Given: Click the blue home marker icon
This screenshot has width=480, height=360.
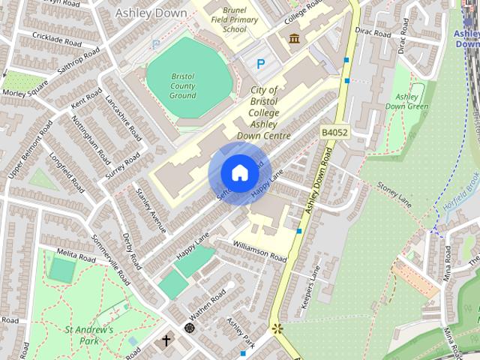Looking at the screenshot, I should pyautogui.click(x=239, y=173).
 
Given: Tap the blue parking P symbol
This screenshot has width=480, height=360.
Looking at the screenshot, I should pyautogui.click(x=260, y=64).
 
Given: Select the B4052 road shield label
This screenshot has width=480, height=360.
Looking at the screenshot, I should pyautogui.click(x=335, y=132).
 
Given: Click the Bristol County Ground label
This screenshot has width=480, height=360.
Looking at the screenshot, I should pyautogui.click(x=182, y=87).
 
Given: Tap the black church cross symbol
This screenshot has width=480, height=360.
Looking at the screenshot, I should pyautogui.click(x=166, y=341).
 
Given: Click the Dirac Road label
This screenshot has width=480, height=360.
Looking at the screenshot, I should pyautogui.click(x=373, y=34).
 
